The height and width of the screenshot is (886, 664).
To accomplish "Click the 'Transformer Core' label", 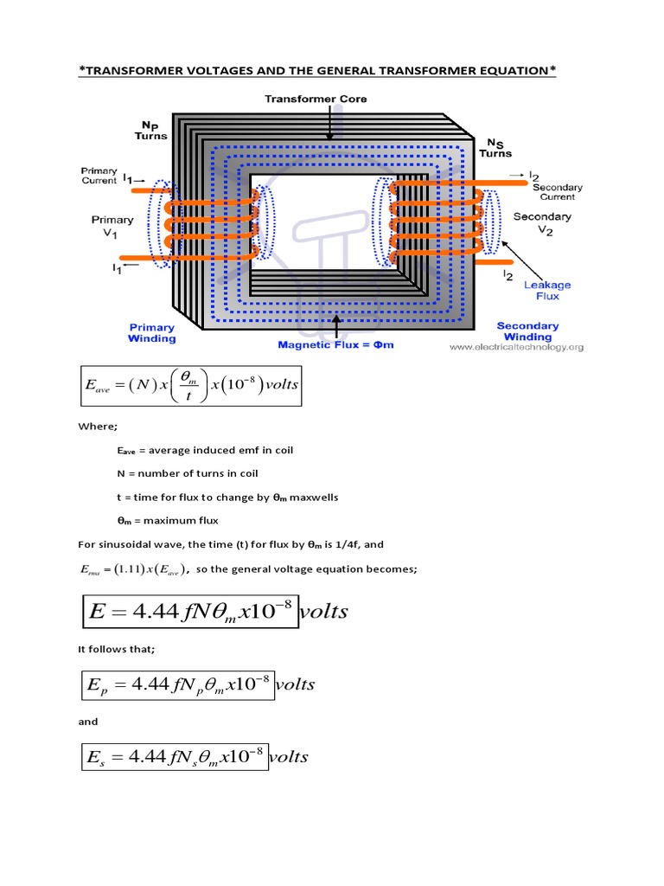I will (x=328, y=99).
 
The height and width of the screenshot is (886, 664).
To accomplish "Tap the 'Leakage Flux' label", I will (x=541, y=290).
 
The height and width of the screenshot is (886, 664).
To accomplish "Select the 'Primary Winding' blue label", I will (x=152, y=333).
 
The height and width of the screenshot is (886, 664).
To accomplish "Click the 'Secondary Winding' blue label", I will (x=527, y=331).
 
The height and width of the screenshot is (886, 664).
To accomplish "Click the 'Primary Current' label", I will (x=99, y=176).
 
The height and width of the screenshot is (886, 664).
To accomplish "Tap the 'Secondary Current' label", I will (x=557, y=192).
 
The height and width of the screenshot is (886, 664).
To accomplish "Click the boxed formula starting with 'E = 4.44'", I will (x=189, y=612).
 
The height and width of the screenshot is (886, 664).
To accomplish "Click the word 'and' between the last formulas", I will (x=88, y=721).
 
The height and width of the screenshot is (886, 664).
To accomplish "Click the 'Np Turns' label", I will (x=150, y=130).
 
